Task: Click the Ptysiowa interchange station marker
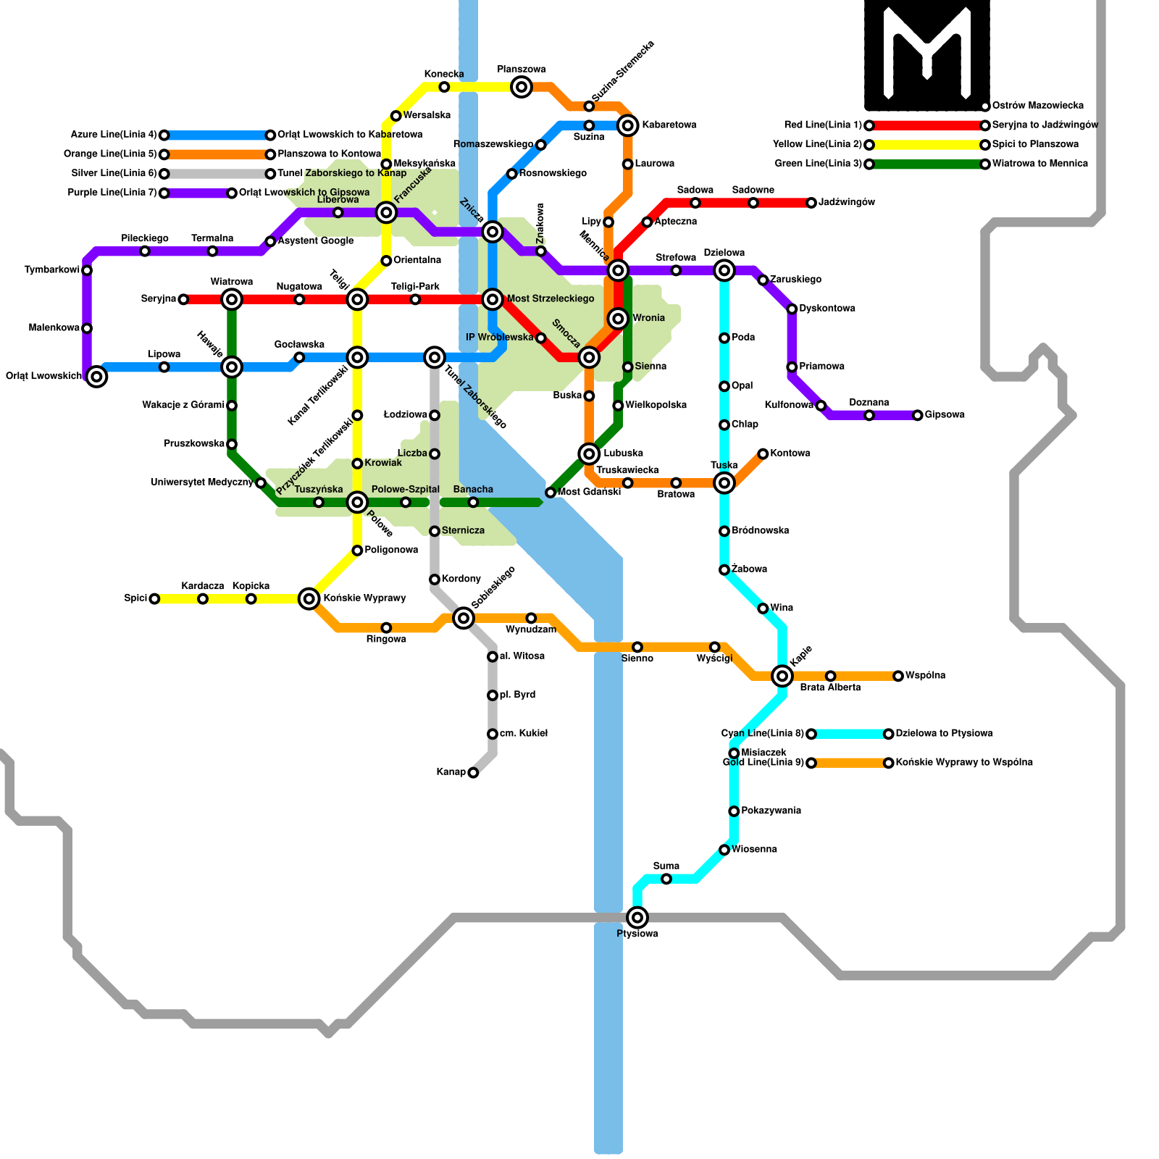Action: [637, 918]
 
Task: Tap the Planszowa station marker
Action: [522, 88]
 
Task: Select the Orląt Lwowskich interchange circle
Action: [96, 377]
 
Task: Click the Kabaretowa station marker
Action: [628, 125]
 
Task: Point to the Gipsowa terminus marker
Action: [918, 415]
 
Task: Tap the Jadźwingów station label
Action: [847, 203]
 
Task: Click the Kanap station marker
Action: [473, 773]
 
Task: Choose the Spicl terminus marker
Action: [154, 599]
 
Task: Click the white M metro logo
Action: [927, 54]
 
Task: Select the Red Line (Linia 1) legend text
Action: [823, 125]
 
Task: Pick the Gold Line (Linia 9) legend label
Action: [763, 763]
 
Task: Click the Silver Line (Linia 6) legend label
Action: [114, 174]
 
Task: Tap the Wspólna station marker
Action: [898, 676]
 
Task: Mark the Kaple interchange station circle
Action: [782, 676]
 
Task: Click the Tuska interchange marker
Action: [724, 483]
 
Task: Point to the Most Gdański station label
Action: [589, 493]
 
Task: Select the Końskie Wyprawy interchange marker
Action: [309, 599]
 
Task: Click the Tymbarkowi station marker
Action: [87, 270]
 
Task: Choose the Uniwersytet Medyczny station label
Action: [202, 482]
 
